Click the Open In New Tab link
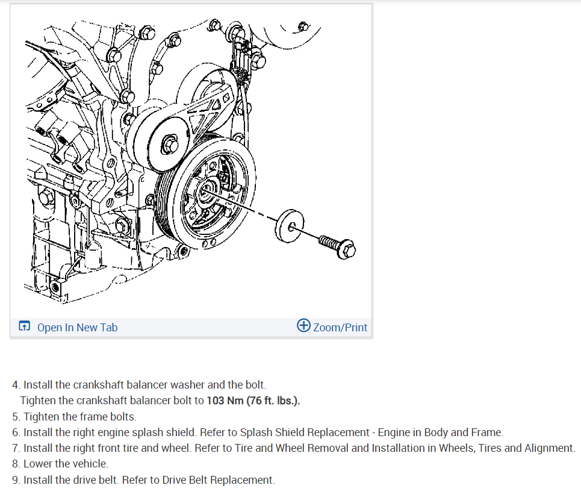[77, 328]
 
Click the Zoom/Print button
[340, 328]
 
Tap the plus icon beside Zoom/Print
[304, 326]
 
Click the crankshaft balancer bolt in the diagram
[335, 243]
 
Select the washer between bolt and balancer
[289, 226]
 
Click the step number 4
[15, 384]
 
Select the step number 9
[15, 480]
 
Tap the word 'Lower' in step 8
[38, 464]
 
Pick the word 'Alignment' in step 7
[551, 448]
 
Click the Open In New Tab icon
[24, 327]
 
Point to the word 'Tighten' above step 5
[38, 401]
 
